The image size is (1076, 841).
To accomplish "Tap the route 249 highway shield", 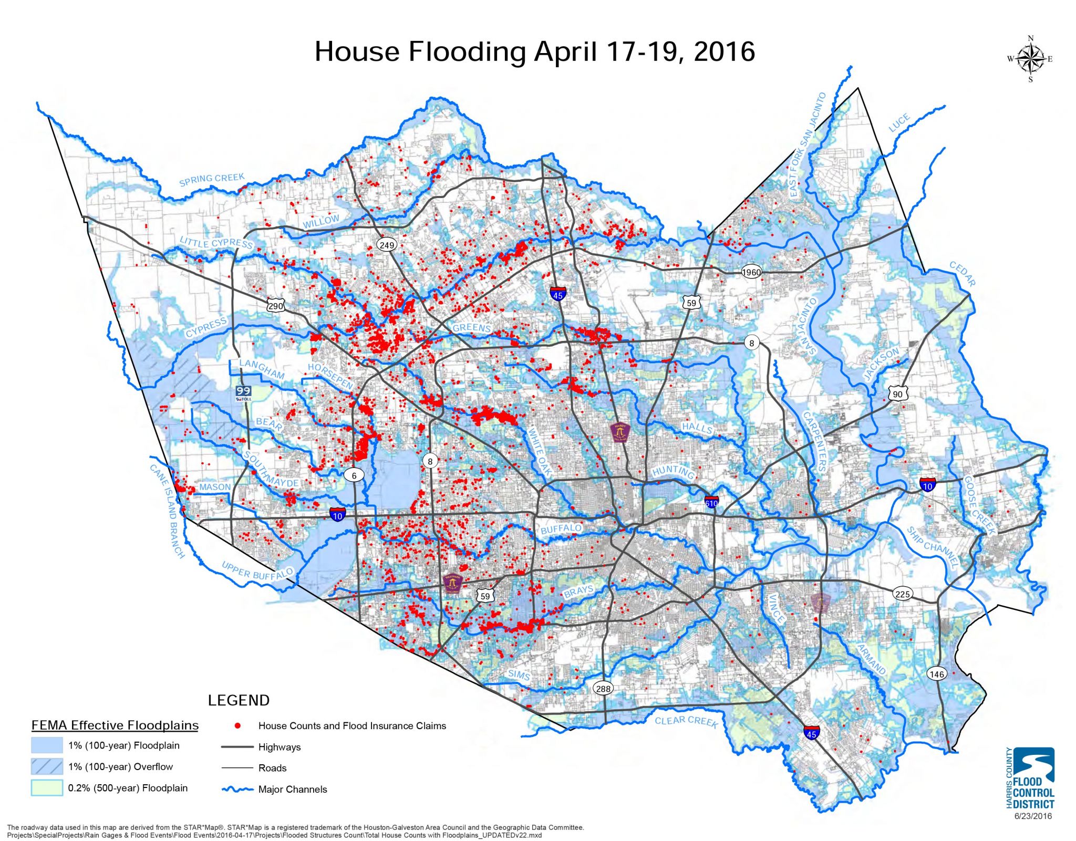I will click(x=387, y=245).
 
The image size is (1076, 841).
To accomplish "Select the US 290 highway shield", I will click(x=275, y=306).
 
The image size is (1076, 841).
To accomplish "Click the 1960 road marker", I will click(x=751, y=272).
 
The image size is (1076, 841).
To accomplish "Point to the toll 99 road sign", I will click(x=243, y=393).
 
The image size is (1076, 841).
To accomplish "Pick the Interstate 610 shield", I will click(x=711, y=501).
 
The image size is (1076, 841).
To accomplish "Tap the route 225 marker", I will click(x=902, y=594).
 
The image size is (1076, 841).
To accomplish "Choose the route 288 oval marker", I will click(x=603, y=688).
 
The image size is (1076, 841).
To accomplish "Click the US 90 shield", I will click(x=897, y=394).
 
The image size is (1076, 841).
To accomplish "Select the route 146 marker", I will click(x=936, y=674).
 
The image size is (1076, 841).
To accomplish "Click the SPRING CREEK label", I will click(x=211, y=180).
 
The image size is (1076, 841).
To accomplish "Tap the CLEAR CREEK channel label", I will click(x=686, y=721).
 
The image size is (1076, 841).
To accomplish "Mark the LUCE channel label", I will click(x=899, y=123).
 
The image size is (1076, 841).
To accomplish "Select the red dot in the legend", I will click(x=237, y=725).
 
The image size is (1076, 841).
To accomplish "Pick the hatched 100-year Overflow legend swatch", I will click(x=47, y=766).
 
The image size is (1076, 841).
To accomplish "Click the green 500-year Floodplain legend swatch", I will click(x=47, y=788).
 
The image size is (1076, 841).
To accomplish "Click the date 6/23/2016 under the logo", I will click(x=1032, y=816).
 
